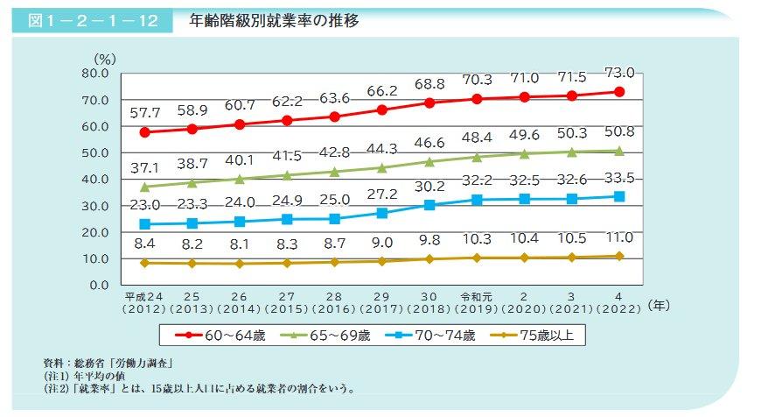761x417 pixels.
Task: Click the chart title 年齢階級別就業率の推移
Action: tap(274, 21)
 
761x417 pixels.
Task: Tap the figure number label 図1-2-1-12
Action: tap(92, 22)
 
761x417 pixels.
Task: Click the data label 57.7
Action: tap(144, 113)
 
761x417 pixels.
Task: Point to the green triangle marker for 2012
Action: tap(144, 187)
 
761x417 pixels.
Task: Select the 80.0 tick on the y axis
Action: tap(92, 74)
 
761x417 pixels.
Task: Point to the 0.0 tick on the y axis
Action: tap(95, 285)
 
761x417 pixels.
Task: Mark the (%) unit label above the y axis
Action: tap(106, 59)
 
